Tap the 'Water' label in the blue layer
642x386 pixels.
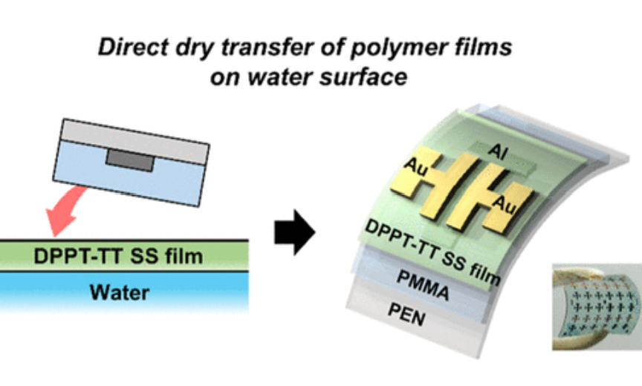119,292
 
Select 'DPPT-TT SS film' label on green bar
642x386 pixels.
119,257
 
